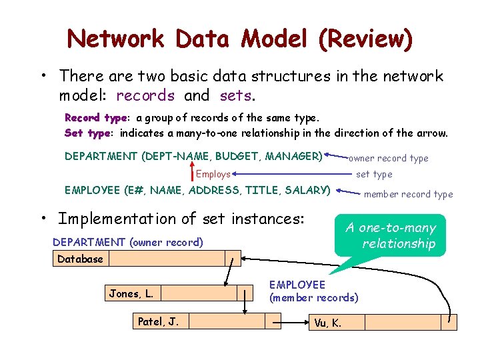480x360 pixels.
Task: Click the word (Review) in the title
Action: [365, 39]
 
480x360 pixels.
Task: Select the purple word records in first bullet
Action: [145, 95]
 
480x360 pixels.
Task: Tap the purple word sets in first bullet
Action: [235, 95]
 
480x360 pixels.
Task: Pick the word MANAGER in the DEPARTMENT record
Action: [293, 157]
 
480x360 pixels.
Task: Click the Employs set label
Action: [213, 174]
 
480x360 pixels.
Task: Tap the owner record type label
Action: [389, 159]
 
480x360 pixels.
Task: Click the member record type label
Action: [408, 195]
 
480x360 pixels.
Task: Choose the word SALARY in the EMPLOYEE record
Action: [307, 190]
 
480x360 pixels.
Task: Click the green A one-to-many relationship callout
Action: [390, 235]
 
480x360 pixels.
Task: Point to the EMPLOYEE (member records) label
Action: [313, 291]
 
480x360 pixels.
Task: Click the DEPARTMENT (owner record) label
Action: [127, 242]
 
